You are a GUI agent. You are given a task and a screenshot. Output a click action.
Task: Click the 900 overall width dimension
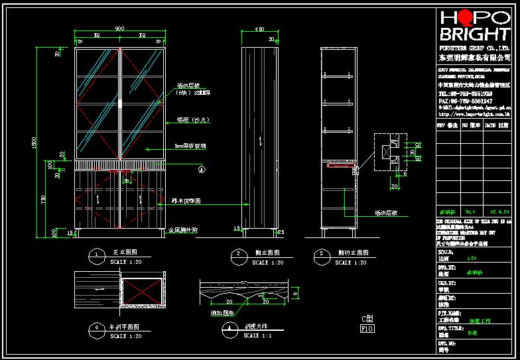(x=119, y=29)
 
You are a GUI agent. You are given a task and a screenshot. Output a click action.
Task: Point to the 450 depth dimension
(x=259, y=29)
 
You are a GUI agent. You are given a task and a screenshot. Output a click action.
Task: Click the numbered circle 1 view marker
(x=97, y=254)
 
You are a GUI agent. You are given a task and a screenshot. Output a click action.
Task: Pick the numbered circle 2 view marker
(x=237, y=254)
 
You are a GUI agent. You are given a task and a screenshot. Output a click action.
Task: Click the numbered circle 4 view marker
(x=97, y=328)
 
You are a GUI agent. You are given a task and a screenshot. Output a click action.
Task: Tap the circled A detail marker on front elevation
(x=202, y=169)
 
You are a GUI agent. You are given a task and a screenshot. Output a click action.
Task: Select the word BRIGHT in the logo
(x=474, y=34)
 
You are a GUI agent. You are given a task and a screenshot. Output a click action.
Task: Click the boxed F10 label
(x=367, y=328)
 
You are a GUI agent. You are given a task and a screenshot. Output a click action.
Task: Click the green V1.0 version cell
(x=471, y=211)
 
